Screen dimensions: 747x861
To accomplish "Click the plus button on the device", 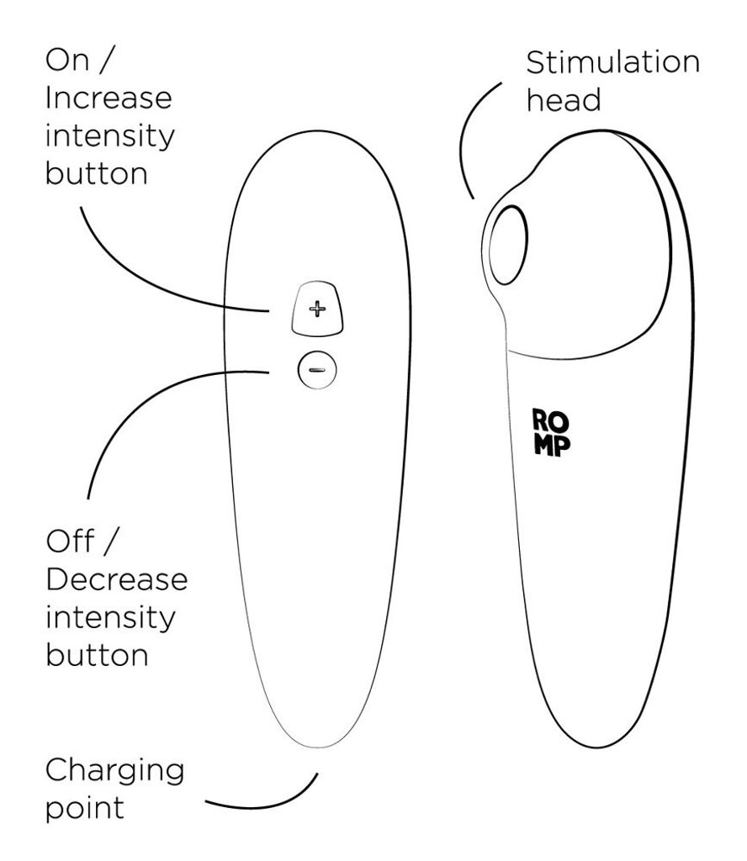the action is [317, 309].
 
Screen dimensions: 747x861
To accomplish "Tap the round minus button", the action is [317, 370].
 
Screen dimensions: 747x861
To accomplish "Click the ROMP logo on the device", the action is [551, 433].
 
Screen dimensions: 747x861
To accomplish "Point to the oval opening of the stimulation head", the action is [508, 246].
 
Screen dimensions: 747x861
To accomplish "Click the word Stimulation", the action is [613, 62].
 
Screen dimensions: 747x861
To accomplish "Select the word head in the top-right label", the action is [564, 100].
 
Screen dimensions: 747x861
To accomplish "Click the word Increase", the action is [109, 98].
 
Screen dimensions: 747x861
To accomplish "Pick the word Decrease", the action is [116, 580].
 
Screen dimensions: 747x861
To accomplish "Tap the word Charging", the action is [114, 772].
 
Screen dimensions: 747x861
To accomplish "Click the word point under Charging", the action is [85, 808].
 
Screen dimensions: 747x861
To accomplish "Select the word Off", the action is [71, 541].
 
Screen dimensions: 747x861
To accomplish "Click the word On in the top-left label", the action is [67, 60].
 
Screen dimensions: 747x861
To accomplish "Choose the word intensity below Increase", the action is [110, 137].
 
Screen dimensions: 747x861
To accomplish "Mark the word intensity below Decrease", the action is [110, 619].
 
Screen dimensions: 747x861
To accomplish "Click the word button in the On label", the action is [97, 173].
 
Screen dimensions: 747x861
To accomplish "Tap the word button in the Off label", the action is [98, 655].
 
